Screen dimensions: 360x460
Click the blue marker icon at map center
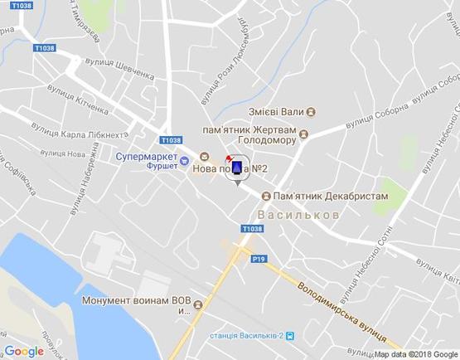[x=238, y=168]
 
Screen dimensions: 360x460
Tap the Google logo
[x=24, y=352]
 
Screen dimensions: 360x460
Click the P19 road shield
[x=258, y=259]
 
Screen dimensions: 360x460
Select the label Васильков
[x=298, y=215]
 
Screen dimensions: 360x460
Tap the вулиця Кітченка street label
[x=78, y=99]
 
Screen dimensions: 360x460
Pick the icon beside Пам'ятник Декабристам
[x=265, y=196]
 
